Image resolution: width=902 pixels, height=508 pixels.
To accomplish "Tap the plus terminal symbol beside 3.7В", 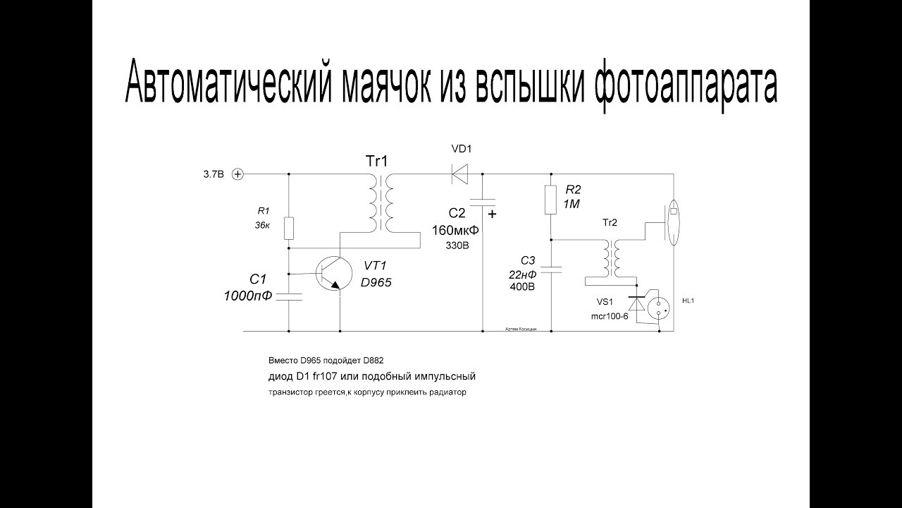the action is point(237,174).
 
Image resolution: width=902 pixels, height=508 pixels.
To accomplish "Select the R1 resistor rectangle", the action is point(289,229).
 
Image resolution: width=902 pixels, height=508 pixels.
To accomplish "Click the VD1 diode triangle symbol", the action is point(460,173).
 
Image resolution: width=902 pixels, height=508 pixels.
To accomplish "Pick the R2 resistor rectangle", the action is point(552,199).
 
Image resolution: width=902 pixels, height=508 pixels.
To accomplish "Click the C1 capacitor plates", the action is point(289,296).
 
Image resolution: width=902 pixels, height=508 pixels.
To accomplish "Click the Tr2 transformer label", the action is point(610,222).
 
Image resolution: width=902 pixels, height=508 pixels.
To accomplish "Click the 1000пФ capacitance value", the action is point(248,295).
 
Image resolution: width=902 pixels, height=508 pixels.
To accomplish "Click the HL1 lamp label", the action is point(689,301).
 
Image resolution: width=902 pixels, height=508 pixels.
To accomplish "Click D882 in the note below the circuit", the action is point(371,360).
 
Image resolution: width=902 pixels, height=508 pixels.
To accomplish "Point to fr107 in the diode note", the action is point(323,375).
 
